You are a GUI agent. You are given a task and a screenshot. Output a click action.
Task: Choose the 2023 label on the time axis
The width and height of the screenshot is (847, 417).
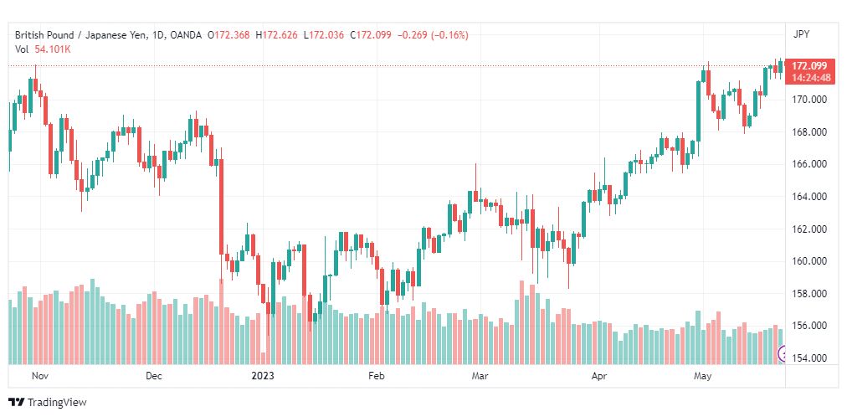(x=263, y=376)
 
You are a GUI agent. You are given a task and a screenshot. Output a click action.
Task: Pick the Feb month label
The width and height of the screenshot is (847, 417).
(x=376, y=376)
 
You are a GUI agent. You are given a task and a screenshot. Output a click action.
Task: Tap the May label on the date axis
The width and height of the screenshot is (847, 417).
(x=703, y=376)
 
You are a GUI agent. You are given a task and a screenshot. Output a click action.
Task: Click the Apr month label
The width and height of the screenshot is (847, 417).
(x=598, y=376)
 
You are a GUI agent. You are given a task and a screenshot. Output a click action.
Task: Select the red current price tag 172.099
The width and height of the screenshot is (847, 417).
(x=809, y=66)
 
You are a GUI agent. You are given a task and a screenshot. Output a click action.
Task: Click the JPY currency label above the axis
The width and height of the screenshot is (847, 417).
(x=801, y=34)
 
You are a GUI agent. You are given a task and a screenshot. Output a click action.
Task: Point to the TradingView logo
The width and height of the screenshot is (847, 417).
(x=48, y=403)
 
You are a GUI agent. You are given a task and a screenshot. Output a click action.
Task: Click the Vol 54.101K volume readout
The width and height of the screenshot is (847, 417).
(x=43, y=49)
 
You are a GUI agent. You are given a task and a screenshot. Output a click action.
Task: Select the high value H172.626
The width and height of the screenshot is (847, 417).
(x=276, y=35)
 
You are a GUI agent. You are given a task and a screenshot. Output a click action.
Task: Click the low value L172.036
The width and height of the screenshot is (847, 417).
(x=324, y=35)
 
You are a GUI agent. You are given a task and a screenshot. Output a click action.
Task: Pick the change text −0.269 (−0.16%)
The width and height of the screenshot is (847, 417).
(x=433, y=35)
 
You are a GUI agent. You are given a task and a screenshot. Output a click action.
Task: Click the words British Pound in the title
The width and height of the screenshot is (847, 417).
(x=43, y=35)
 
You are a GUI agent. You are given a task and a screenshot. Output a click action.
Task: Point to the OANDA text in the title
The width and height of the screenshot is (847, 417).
(x=185, y=35)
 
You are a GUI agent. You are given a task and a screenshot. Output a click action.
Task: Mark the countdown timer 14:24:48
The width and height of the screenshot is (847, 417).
(x=811, y=78)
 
